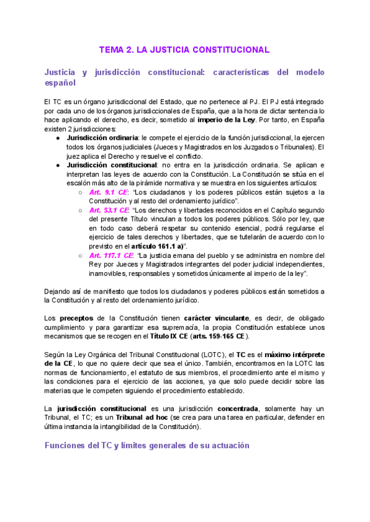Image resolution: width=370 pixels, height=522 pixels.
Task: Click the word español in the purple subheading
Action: tap(60, 82)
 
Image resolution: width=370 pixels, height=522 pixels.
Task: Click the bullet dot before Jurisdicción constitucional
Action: tap(57, 166)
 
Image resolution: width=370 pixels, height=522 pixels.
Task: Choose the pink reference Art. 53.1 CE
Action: tap(110, 210)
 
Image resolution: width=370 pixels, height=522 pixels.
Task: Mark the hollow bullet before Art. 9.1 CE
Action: tap(81, 192)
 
